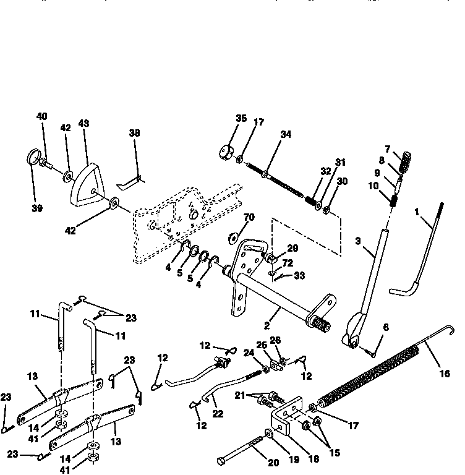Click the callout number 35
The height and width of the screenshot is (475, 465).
[x=223, y=118]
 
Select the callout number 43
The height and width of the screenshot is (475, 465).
[x=83, y=124]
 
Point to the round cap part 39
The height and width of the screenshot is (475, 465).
[x=34, y=156]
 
